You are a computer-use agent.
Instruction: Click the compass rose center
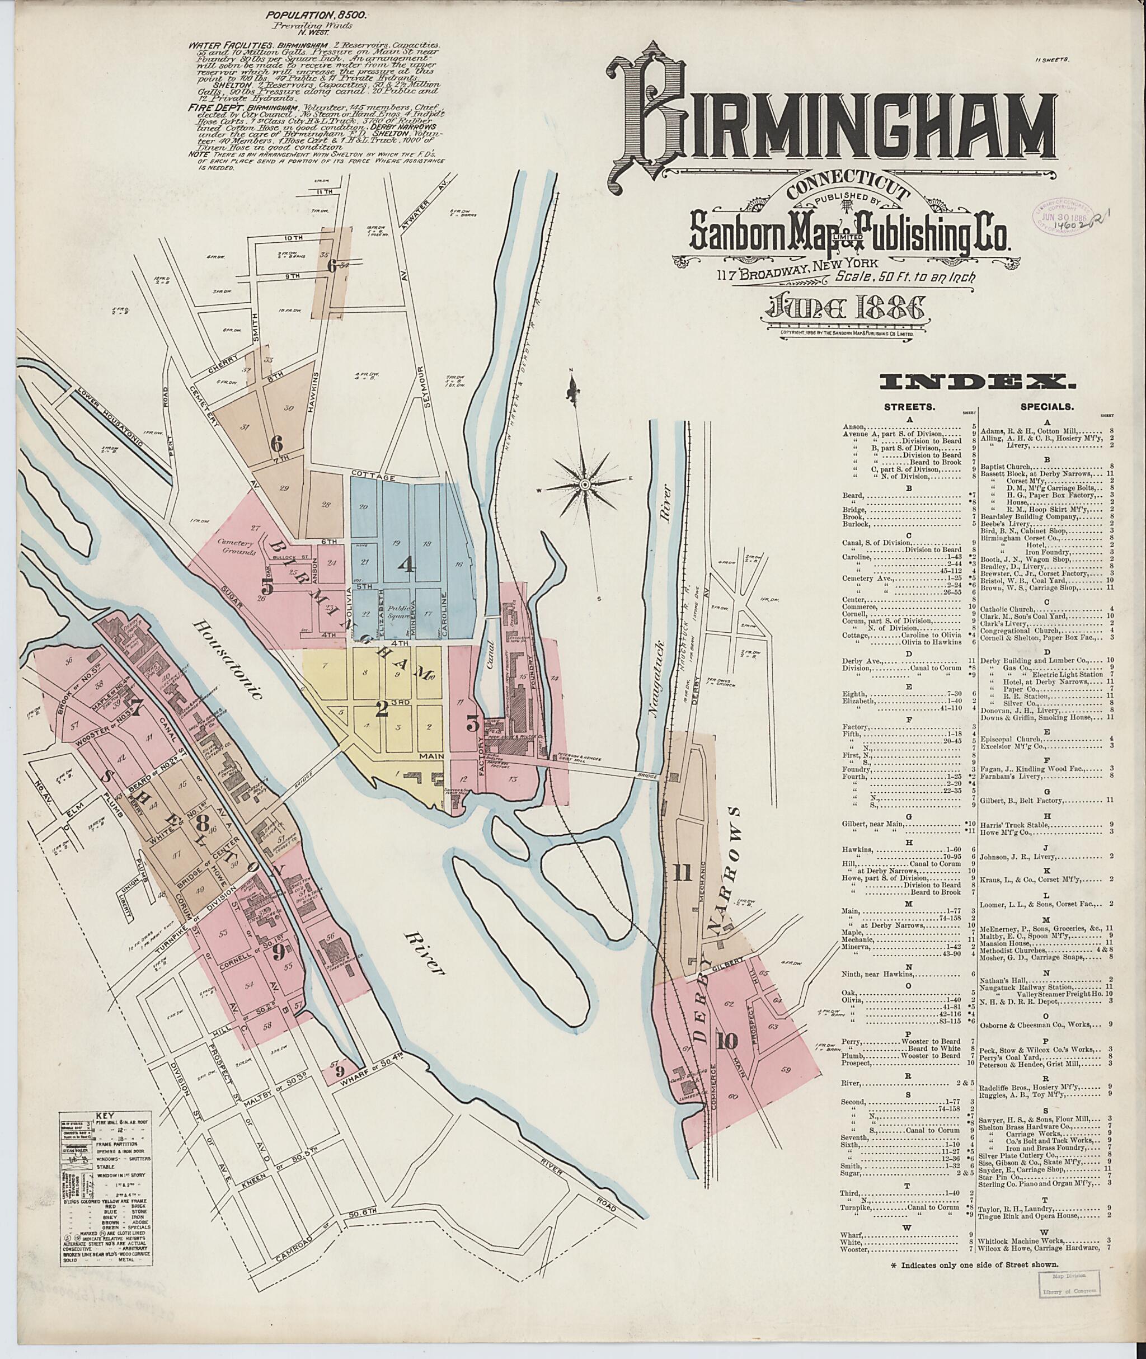[585, 484]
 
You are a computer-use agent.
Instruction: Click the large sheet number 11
[682, 874]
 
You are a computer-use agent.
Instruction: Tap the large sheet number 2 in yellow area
[383, 709]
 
